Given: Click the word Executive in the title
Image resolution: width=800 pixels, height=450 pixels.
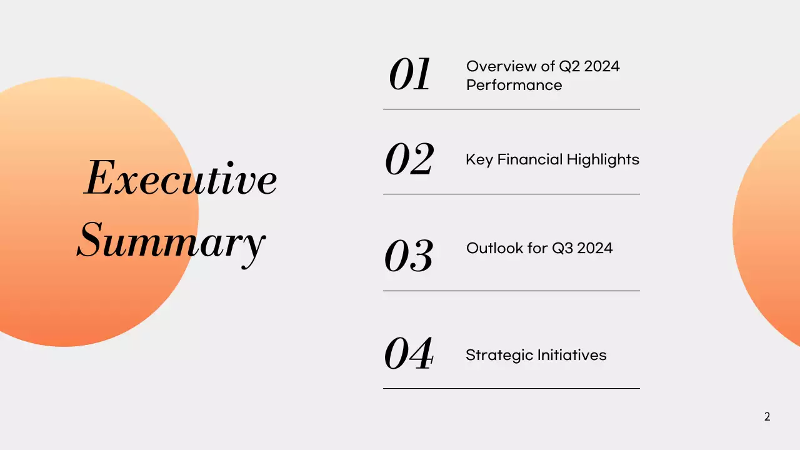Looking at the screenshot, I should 180,179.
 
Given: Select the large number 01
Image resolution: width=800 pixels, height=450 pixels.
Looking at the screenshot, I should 409,76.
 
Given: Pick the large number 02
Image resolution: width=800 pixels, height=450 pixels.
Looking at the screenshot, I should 409,159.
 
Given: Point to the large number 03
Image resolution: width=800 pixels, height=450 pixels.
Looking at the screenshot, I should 409,256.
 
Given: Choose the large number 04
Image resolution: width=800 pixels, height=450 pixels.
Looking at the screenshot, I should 409,354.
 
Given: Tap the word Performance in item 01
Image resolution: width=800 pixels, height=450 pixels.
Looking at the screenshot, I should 514,85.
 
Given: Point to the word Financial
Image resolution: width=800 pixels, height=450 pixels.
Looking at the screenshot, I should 529,160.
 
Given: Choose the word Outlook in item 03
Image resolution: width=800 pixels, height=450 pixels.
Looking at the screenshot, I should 494,248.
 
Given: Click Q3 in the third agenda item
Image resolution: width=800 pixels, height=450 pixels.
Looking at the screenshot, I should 562,248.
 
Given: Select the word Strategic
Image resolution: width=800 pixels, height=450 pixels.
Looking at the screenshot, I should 497,356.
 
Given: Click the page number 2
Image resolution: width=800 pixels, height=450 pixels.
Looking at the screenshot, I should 767,417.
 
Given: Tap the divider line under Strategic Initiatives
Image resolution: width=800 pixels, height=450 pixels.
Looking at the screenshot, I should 511,388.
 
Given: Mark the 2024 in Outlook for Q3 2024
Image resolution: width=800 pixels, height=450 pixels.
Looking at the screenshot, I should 595,248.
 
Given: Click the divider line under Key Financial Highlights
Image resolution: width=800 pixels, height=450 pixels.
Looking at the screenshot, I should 511,194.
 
